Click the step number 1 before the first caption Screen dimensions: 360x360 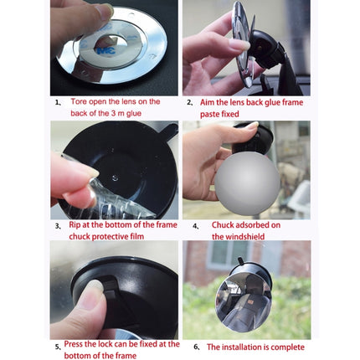(58, 102)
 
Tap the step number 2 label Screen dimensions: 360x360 (189, 102)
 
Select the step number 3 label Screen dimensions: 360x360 (58, 226)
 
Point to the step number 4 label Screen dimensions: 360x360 (195, 226)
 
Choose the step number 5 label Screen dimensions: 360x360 (58, 346)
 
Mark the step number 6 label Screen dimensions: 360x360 (196, 347)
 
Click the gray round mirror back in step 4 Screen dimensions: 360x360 (246, 180)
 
